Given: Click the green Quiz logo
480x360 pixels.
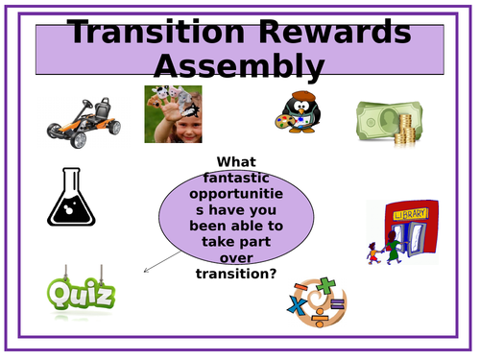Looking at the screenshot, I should (82, 292).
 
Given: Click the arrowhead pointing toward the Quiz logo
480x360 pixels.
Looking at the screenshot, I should (146, 271).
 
